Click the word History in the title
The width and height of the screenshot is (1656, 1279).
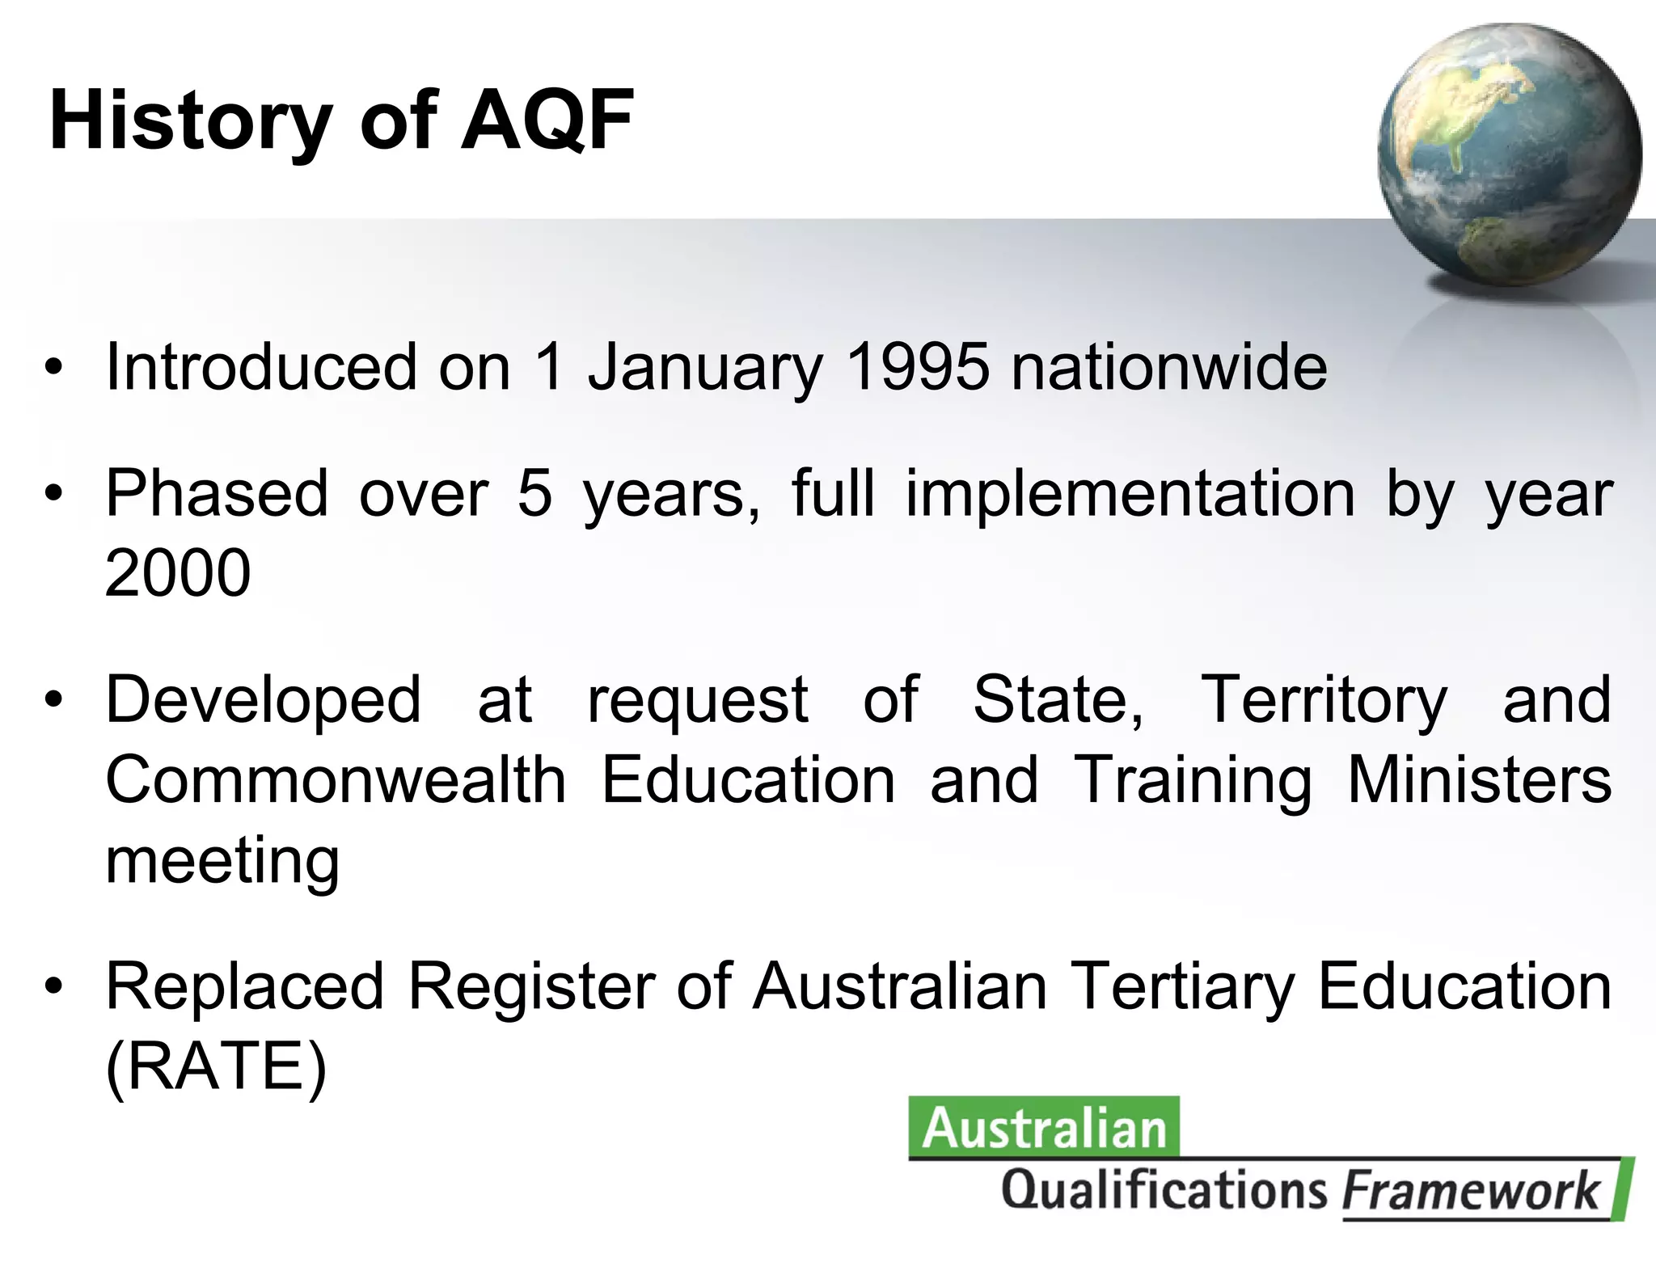[x=190, y=121]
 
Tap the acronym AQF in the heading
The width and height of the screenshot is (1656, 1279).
[x=547, y=121]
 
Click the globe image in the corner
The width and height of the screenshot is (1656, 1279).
[x=1509, y=154]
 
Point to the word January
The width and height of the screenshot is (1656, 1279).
[x=704, y=369]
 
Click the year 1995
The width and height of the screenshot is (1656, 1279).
[x=916, y=367]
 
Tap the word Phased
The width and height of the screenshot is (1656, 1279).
[x=217, y=493]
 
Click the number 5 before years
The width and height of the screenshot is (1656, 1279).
[x=534, y=493]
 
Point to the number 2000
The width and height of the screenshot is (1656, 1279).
[x=178, y=572]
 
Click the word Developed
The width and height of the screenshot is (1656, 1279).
[x=264, y=700]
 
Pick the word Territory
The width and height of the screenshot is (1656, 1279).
[x=1324, y=700]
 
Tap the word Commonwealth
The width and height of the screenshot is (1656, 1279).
[x=336, y=779]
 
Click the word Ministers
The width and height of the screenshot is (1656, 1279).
[x=1480, y=779]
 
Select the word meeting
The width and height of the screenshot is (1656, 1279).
[x=222, y=860]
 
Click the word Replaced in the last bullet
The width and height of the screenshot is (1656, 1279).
[x=245, y=986]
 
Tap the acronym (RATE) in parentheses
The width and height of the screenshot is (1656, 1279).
[x=216, y=1067]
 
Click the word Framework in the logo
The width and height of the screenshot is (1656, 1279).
[x=1471, y=1191]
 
